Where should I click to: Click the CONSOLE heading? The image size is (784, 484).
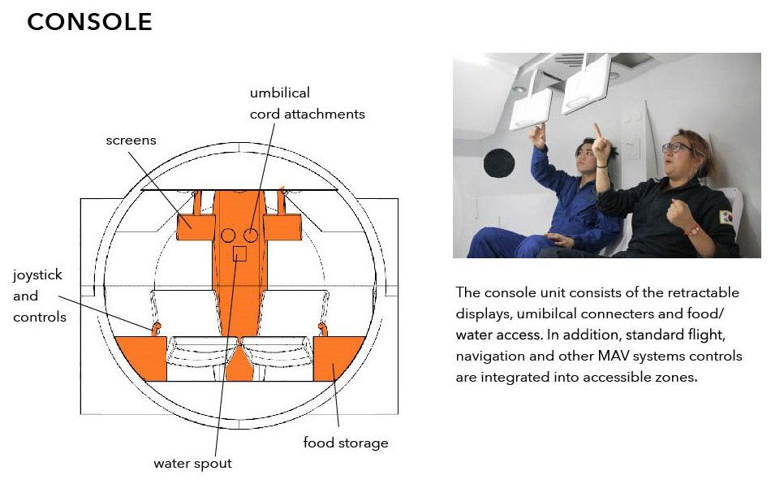pos(89,22)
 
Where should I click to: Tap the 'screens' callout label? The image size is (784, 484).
pos(131,140)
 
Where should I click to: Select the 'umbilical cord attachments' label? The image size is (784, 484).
pos(307,103)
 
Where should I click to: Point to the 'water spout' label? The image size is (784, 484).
pos(192,464)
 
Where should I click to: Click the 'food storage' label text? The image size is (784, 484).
pos(346,443)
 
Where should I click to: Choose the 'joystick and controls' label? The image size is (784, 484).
pos(40,296)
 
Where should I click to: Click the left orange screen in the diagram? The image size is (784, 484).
pos(196,227)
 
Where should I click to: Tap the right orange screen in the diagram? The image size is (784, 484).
pos(282,227)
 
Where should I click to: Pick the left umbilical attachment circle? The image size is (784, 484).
pos(228,236)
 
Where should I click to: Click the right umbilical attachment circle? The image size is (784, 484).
pos(251,236)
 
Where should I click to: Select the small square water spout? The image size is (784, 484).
pos(240,253)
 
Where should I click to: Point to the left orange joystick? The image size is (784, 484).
pos(156,329)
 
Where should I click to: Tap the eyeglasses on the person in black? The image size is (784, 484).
pos(677,147)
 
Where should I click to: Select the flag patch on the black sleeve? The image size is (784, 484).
pos(726,217)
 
